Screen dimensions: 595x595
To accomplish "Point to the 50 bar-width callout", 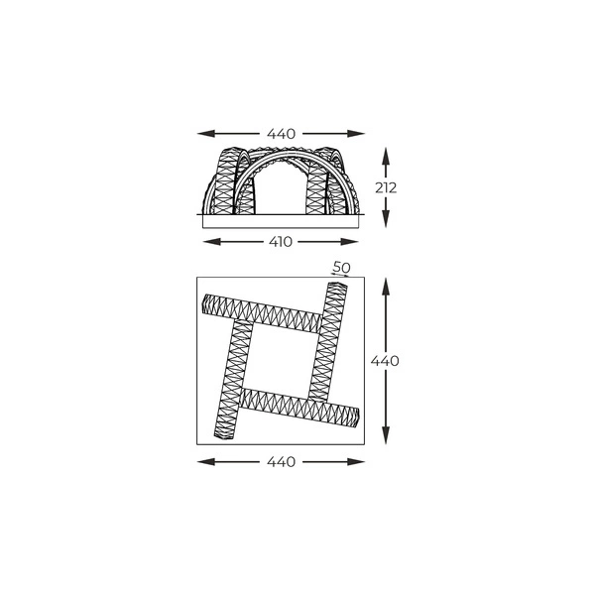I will coord(341,268).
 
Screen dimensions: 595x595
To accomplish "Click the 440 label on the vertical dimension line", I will coord(385,361).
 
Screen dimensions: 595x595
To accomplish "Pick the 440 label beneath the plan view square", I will coord(282,462).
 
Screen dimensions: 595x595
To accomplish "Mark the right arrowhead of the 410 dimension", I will coord(355,241).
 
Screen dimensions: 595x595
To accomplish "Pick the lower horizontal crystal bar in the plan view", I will coord(297,406).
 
